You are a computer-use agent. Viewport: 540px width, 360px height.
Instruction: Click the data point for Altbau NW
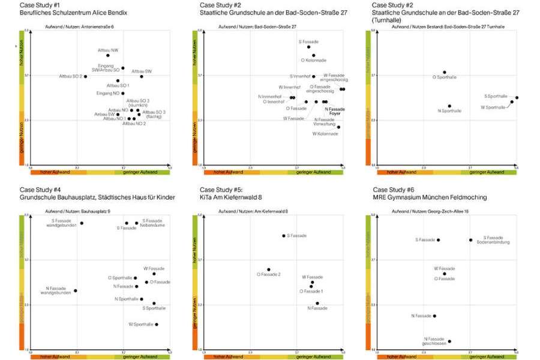[x=108, y=55]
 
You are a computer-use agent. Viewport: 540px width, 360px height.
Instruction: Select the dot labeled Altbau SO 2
[x=86, y=76]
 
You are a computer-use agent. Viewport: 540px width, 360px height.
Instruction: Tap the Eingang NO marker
[x=123, y=93]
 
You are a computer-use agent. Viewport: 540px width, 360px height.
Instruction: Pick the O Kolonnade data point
[x=313, y=55]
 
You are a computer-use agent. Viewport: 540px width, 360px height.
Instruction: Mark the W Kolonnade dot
[x=338, y=127]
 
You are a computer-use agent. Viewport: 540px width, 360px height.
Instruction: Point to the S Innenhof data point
[x=313, y=76]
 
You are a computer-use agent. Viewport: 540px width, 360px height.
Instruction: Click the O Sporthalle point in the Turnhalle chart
[x=445, y=73]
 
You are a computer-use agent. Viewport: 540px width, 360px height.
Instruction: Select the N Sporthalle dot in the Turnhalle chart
[x=449, y=106]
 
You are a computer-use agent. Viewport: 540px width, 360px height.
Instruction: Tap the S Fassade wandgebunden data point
[x=82, y=223]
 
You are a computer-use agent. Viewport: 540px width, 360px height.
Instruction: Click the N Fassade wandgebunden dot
[x=75, y=290]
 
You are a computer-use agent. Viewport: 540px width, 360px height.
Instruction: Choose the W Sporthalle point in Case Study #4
[x=157, y=325]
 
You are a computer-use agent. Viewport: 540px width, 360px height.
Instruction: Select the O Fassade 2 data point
[x=269, y=270]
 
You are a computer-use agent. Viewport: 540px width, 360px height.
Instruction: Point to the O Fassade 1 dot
[x=311, y=286]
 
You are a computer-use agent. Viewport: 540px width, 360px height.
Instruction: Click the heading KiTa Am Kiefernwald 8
[x=230, y=197]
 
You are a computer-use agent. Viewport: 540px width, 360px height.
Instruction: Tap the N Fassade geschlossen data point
[x=449, y=341]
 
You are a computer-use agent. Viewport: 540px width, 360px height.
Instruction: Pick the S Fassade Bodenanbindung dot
[x=470, y=240]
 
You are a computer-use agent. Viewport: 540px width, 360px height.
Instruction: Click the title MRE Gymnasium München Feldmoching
[x=430, y=197]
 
